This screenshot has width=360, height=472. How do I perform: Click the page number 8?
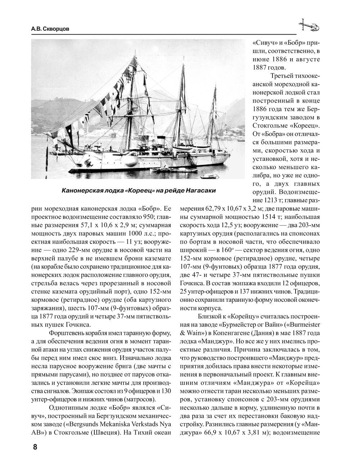point(35,447)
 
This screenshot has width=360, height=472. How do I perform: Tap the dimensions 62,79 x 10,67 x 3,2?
point(224,209)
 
